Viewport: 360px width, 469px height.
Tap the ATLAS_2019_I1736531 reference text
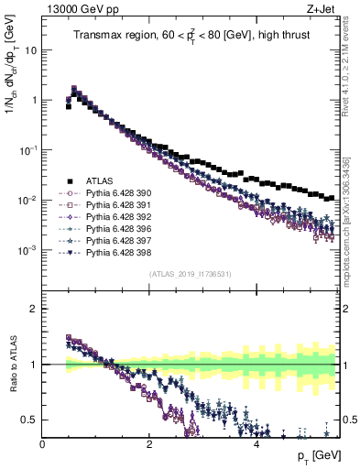[191, 274]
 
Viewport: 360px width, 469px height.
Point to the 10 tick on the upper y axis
[31, 50]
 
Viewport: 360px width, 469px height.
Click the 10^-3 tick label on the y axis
[27, 250]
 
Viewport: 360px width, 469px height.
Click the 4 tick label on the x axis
[256, 444]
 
